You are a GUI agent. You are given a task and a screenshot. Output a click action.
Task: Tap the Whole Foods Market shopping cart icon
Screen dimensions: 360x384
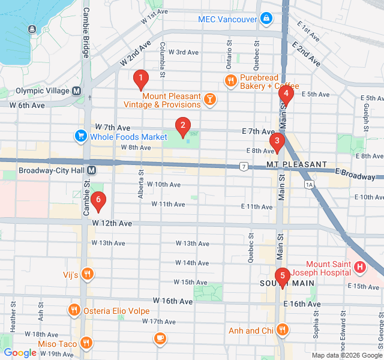(80, 137)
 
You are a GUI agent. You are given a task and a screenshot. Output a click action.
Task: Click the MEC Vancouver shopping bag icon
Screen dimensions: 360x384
(266, 19)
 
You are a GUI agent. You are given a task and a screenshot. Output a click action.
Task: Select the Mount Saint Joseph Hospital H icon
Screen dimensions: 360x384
(359, 267)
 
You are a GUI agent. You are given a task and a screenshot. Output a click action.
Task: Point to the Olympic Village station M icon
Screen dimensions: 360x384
(77, 91)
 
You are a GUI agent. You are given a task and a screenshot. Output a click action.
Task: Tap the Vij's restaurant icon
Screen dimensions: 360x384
(88, 275)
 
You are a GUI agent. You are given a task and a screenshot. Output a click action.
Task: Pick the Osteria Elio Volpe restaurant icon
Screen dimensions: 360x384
(73, 310)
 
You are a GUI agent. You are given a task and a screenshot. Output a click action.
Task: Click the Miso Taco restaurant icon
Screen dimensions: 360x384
(87, 343)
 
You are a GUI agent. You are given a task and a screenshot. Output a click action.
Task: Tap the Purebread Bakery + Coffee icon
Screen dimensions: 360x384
(230, 80)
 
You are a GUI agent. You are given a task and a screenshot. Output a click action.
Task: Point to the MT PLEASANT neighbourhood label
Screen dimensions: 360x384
(296, 164)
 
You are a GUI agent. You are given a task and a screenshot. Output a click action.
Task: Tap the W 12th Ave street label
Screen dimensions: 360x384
(112, 223)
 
